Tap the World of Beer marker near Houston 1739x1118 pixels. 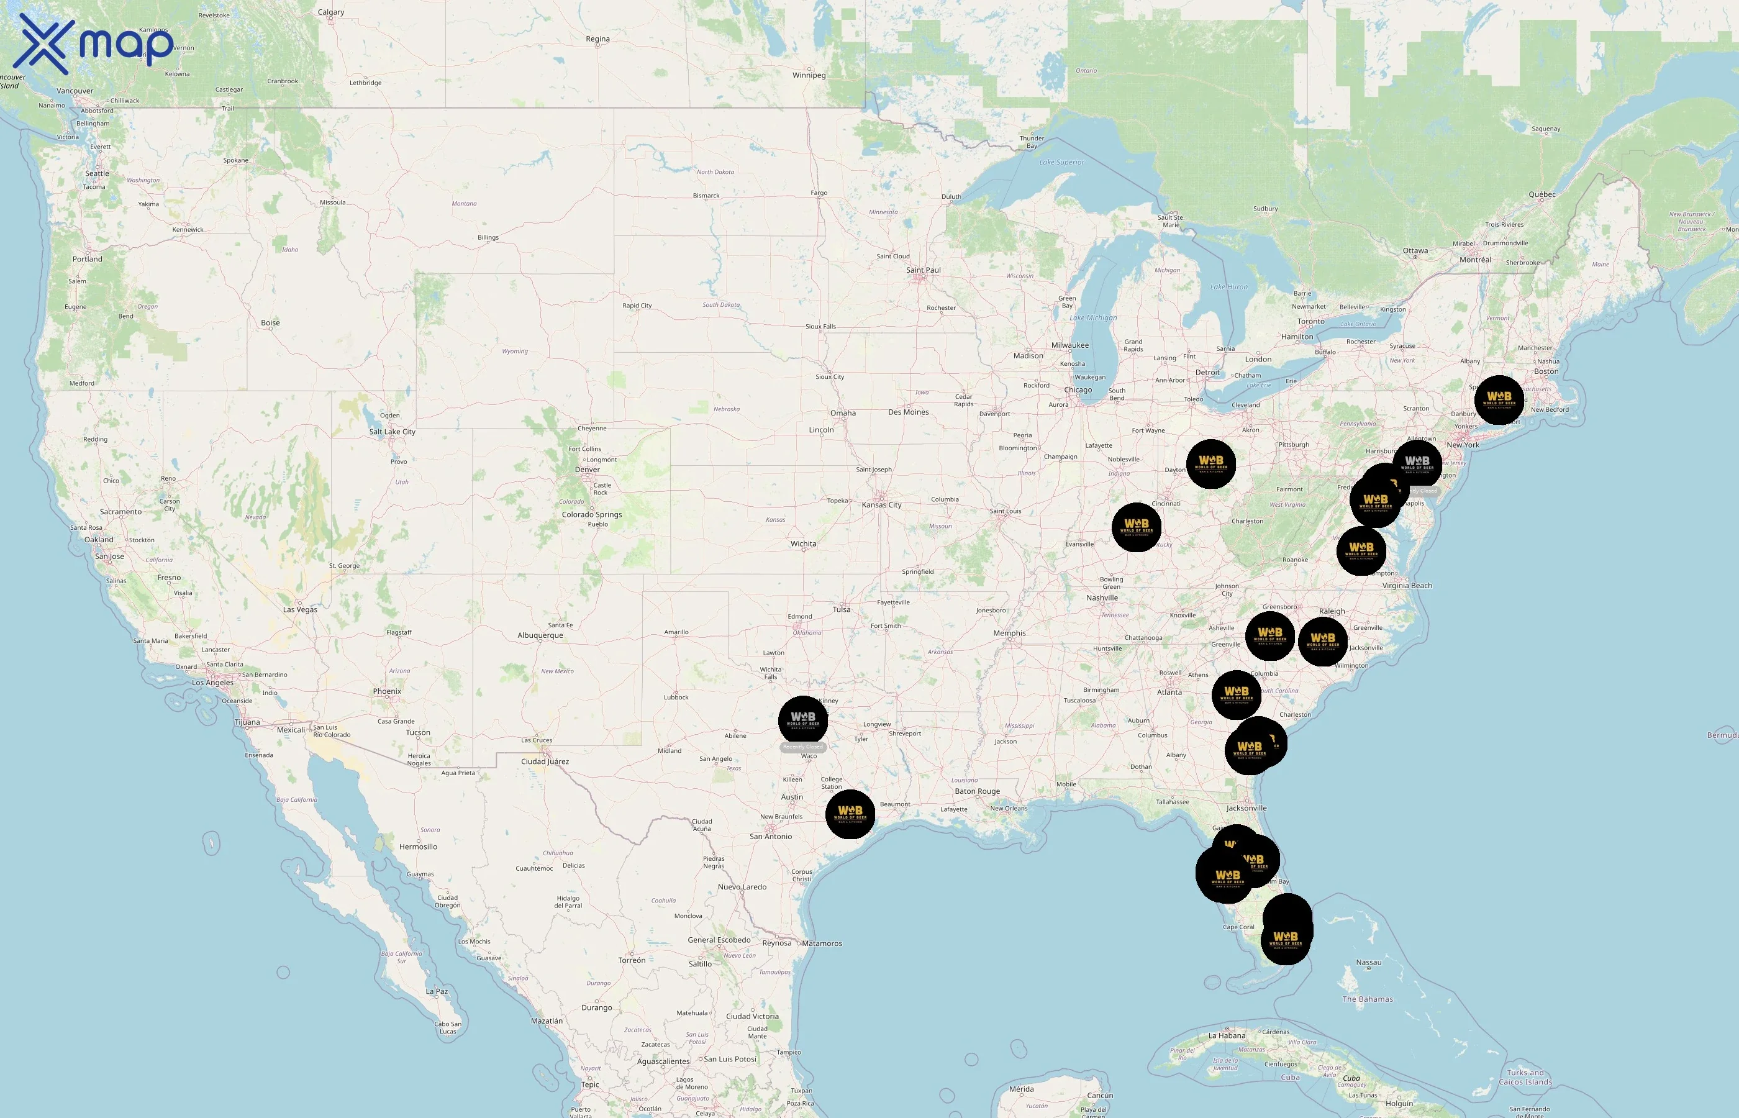coord(850,814)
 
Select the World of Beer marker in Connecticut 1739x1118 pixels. coord(1499,400)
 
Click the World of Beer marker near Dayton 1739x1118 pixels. coord(1210,464)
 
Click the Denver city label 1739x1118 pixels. coord(587,470)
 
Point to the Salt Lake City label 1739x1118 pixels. coord(392,432)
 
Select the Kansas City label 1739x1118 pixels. coord(881,506)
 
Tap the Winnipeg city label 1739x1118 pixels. coord(809,76)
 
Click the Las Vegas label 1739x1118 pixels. coord(300,610)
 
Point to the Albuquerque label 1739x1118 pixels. coord(540,636)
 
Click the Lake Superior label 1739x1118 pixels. coord(1061,163)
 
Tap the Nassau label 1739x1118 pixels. coord(1368,963)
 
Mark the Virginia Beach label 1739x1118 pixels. coord(1407,586)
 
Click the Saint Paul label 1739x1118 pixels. coord(923,271)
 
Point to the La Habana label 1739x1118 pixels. coord(1227,1036)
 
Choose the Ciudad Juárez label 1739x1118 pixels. coord(544,762)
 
